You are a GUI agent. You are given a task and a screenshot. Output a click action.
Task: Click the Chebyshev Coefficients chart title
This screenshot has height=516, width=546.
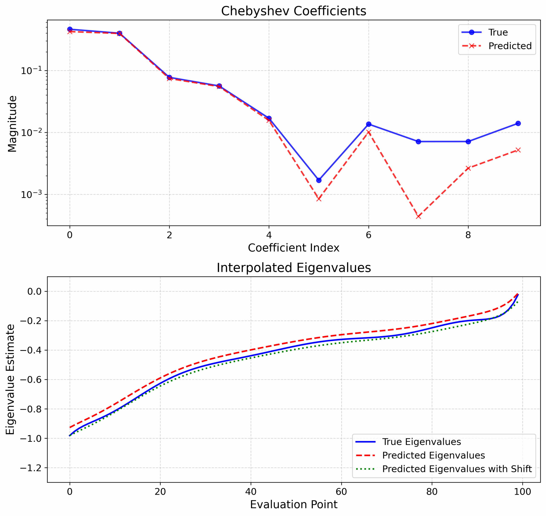pos(293,11)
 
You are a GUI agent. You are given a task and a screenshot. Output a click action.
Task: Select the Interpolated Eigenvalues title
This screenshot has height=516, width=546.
pos(293,268)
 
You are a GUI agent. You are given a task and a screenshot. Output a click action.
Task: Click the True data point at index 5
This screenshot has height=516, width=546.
pos(318,180)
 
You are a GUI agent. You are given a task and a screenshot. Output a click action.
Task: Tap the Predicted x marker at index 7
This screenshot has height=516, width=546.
pos(418,216)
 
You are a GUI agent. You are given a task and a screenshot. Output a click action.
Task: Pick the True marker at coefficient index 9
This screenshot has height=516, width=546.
pos(518,123)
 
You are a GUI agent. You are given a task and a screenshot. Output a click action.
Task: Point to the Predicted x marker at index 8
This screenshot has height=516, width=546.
pos(468,168)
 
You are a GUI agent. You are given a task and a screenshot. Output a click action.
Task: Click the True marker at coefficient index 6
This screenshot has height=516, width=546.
pos(368,124)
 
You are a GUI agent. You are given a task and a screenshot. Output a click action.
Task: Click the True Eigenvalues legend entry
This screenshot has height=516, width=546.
pos(421,442)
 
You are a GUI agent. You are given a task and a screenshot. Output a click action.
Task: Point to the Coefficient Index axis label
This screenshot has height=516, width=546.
pos(293,248)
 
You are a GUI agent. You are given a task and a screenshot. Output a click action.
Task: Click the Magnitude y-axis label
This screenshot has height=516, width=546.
pos(12,124)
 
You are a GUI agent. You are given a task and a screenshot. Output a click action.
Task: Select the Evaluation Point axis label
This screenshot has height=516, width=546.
pos(293,504)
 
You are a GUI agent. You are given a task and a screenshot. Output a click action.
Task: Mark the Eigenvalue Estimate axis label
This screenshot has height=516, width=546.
pos(10,380)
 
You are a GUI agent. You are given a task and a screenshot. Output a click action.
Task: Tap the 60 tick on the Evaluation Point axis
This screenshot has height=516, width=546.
pos(341,491)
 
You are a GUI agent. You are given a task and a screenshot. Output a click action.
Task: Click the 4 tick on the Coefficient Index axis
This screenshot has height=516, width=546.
pos(269,235)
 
